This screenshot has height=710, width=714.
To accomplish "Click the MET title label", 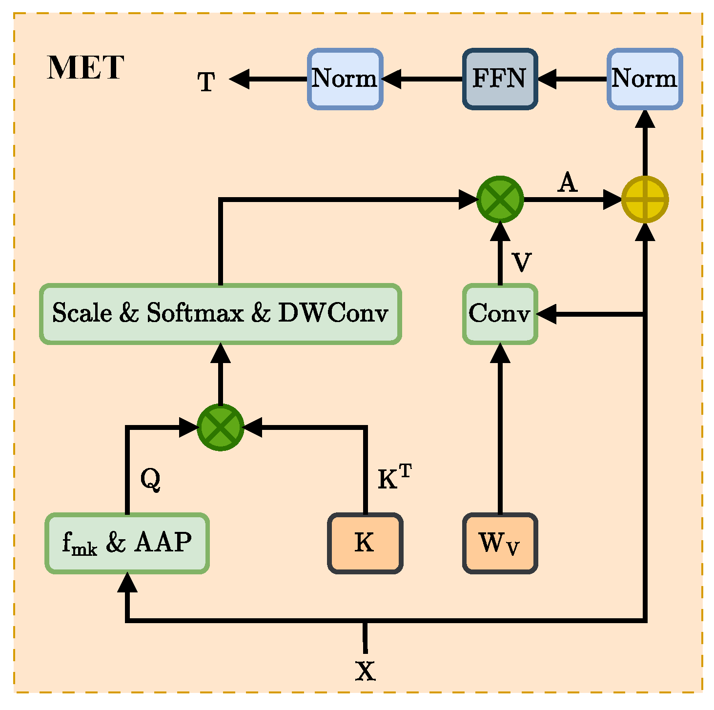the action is tap(85, 67).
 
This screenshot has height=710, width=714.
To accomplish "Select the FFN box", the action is tap(499, 79).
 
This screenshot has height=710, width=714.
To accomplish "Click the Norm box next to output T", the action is tap(345, 79).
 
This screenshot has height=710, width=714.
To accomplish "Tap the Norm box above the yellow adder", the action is tap(644, 79).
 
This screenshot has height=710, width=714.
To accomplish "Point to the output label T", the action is tap(206, 81).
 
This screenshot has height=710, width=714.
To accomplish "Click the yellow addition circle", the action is tap(645, 200).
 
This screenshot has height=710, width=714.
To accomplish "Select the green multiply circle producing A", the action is tap(500, 200).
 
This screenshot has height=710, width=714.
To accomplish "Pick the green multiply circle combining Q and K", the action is tap(221, 427).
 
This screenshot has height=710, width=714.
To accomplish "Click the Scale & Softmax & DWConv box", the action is tap(221, 314).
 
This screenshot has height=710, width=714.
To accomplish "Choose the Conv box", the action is tap(500, 314).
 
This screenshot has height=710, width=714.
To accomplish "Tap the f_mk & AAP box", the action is tap(127, 543).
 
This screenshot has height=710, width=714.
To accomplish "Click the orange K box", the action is tap(365, 543).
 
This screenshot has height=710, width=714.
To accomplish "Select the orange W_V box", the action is tap(500, 543).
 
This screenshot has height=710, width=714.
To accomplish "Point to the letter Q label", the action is tap(150, 480).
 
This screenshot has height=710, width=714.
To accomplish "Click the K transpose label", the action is tap(395, 477).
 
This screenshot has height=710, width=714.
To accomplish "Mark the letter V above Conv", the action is tap(522, 262).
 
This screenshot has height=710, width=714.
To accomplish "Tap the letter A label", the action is tap(567, 183).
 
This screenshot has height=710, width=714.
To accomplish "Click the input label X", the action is tap(366, 670).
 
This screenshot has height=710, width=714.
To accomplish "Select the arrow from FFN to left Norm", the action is tap(423, 79).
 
